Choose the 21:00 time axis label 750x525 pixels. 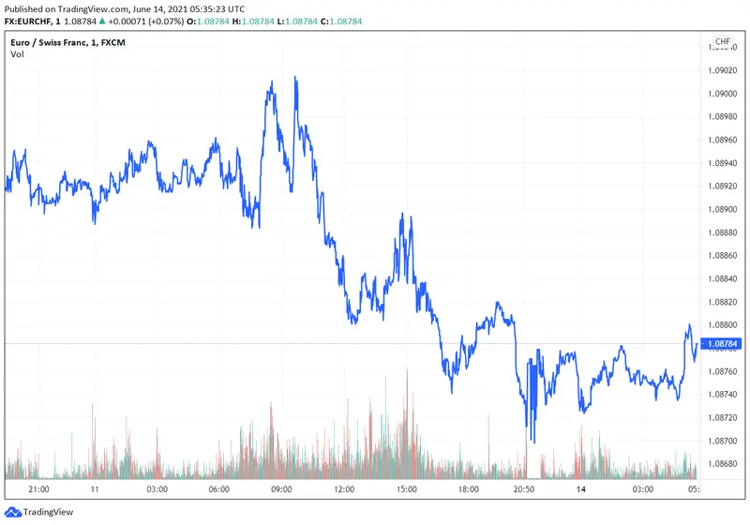39,489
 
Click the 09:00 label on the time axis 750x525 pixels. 281,489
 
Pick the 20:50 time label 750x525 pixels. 523,489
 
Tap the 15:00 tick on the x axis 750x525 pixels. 405,489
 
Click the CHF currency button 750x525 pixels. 723,42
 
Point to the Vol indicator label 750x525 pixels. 17,54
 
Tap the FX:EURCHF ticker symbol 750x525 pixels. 32,21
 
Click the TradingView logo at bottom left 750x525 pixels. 43,513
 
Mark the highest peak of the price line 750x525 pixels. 295,78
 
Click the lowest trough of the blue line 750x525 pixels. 532,442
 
